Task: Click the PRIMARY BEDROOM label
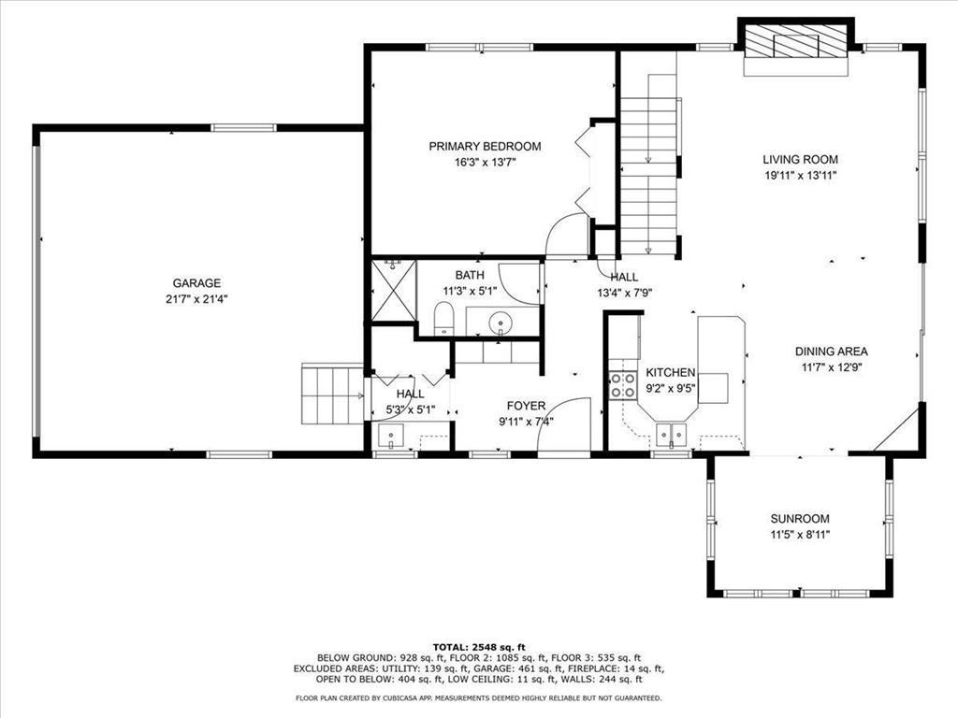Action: [x=485, y=146]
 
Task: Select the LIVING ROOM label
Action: [x=800, y=160]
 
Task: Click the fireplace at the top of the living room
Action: [x=796, y=43]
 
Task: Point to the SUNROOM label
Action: [x=800, y=519]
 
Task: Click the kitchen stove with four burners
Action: [x=623, y=385]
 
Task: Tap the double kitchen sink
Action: [x=671, y=433]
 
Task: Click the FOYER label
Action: [x=526, y=406]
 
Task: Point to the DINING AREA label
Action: [x=832, y=352]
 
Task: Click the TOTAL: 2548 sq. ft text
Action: [x=479, y=647]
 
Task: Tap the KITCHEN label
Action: [x=671, y=372]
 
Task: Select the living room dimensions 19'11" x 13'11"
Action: [x=800, y=175]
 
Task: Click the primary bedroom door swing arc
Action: [x=567, y=235]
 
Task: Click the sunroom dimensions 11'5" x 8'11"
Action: [x=800, y=535]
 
